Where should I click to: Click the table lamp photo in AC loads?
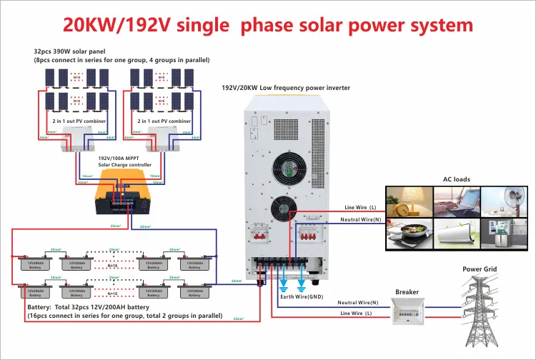tap(409, 201)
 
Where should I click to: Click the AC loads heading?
tap(457, 179)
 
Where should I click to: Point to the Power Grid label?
tap(480, 269)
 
